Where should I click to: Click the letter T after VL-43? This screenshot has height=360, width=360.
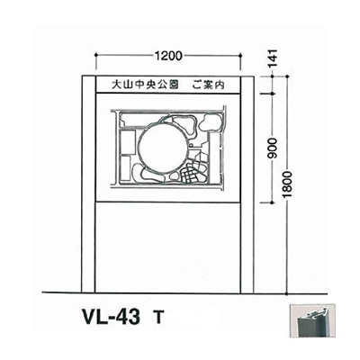(x=158, y=318)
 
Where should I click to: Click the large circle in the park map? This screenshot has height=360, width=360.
(x=162, y=148)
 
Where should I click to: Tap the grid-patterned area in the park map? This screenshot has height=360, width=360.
(x=191, y=171)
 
